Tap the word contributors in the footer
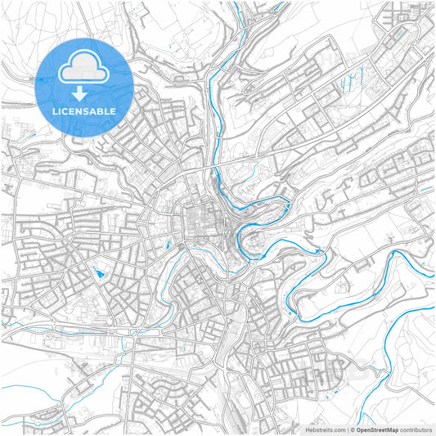tap(416, 429)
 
